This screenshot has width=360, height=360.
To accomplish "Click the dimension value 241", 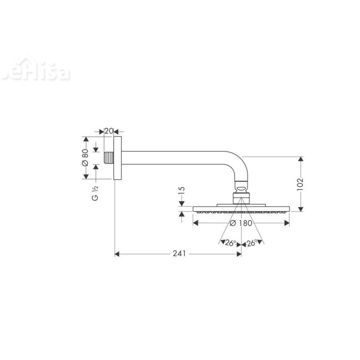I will (x=179, y=254).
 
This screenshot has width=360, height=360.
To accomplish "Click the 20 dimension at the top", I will (x=108, y=131).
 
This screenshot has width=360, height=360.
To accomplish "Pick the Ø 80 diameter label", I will (x=85, y=158).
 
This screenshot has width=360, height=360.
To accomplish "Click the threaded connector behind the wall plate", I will (x=108, y=158).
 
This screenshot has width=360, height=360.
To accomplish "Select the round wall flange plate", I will (x=117, y=158).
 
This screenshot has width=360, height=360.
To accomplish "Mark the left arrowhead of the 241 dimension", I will (x=118, y=254).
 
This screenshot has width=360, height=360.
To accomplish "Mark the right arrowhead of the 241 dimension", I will (x=238, y=254).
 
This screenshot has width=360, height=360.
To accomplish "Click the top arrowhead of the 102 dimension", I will (x=301, y=159).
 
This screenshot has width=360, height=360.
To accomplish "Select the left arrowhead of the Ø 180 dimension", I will (x=195, y=223).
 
